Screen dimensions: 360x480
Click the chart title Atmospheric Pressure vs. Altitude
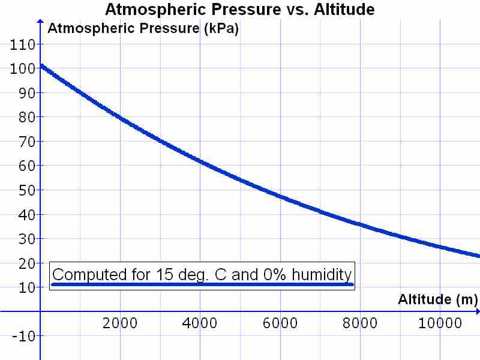(240, 10)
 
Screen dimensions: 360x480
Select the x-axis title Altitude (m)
(437, 299)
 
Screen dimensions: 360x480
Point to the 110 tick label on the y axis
(22, 44)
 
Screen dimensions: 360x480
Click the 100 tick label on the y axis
(22, 68)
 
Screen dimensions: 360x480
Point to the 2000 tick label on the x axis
(120, 323)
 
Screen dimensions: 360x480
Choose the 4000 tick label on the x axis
(200, 323)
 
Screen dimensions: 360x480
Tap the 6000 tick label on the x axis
(280, 323)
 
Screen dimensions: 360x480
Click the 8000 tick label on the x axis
(360, 323)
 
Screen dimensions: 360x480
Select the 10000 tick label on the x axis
(440, 323)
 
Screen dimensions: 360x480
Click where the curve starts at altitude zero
(41, 66)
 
